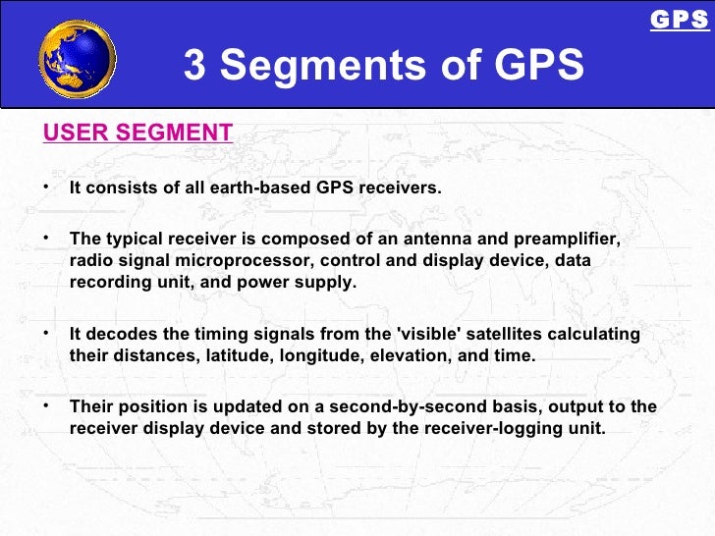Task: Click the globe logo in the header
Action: pyautogui.click(x=77, y=58)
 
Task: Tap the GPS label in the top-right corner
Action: pyautogui.click(x=679, y=20)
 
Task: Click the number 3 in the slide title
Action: pyautogui.click(x=195, y=66)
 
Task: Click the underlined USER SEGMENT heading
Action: pyautogui.click(x=137, y=133)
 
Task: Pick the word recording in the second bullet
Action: pyautogui.click(x=109, y=283)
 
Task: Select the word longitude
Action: pyautogui.click(x=318, y=355)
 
